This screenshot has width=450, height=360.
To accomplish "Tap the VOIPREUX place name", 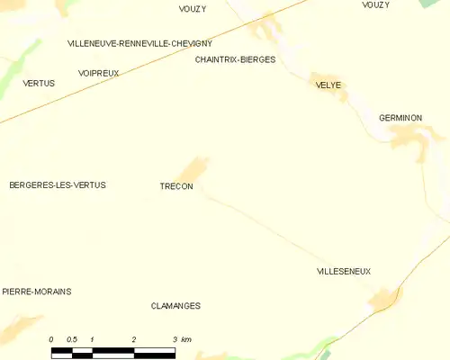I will coord(98,73).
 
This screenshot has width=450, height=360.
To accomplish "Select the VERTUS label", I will coord(39,83).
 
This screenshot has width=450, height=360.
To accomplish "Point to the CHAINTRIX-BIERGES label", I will coord(235,59).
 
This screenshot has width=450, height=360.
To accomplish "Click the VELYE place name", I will coord(328,85).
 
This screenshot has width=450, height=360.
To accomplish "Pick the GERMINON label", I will coord(400,118).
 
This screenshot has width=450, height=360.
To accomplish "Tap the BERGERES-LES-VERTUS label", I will coord(58,184).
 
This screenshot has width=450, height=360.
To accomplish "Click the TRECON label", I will coord(175,186).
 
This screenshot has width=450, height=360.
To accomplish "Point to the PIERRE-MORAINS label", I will coord(37,292).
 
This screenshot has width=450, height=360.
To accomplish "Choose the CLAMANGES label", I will coord(175,306).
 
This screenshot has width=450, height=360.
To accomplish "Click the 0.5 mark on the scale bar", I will coord(72,339).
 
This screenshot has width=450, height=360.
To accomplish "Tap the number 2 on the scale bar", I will coord(133,339).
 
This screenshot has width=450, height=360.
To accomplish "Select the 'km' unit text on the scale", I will coord(185,339).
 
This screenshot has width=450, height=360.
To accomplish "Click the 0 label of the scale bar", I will coord(51,339).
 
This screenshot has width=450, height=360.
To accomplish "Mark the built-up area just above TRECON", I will coord(194,168).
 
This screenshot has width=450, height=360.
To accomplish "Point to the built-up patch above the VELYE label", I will coord(319,77).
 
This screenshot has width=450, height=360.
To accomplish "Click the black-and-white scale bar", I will coord(112,351).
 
